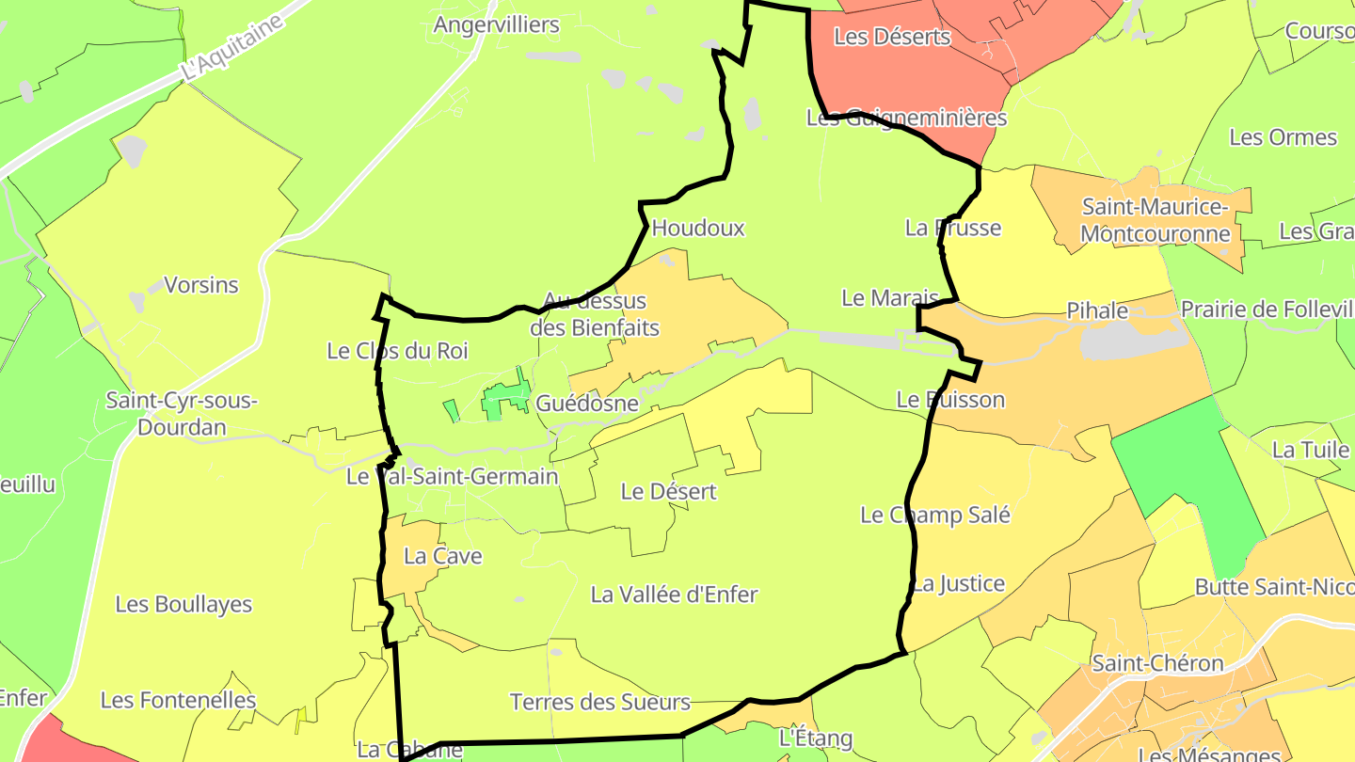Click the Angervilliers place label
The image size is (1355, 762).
[x=496, y=25]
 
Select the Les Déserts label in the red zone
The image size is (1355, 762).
[x=892, y=38]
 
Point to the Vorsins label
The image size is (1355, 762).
[x=201, y=285]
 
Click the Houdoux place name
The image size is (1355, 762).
[x=697, y=228]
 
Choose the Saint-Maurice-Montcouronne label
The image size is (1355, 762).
[x=1156, y=220]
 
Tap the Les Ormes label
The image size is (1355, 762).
[x=1283, y=137]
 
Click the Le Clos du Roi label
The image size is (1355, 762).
[x=397, y=351]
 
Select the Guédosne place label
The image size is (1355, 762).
[x=587, y=404]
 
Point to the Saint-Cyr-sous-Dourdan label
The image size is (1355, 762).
[x=182, y=414]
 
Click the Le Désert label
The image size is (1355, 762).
[x=668, y=491]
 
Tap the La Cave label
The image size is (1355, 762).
[x=442, y=556]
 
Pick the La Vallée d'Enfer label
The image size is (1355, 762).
[x=674, y=595]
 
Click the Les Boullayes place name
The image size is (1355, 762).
[x=183, y=604]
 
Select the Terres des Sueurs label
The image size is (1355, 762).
[x=599, y=702]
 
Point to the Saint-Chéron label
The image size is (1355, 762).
[x=1157, y=663]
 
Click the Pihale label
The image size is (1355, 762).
[x=1096, y=310]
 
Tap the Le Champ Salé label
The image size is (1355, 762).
[x=935, y=515]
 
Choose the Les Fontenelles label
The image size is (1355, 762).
[x=178, y=700]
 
